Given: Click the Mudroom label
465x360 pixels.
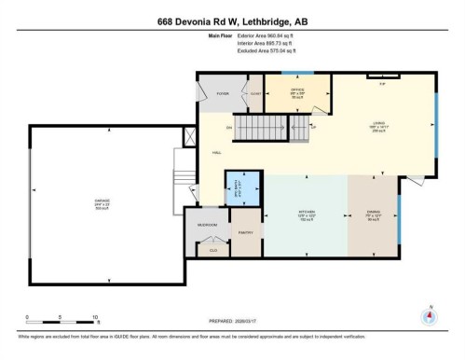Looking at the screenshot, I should pyautogui.click(x=206, y=225).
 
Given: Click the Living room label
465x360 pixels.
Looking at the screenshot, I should pyautogui.click(x=379, y=123).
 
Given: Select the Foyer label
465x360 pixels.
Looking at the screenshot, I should pyautogui.click(x=224, y=93).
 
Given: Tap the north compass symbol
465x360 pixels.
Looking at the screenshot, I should pyautogui.click(x=428, y=316).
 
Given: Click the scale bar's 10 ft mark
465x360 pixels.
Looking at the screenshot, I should pyautogui.click(x=95, y=318).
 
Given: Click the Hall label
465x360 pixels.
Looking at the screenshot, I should pyautogui.click(x=216, y=152).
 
